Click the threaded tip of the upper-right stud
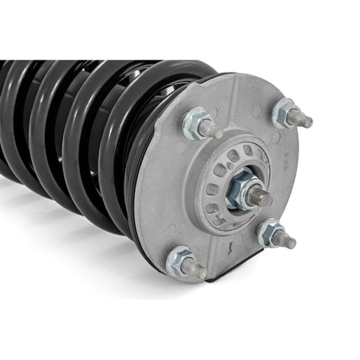tap(306, 121)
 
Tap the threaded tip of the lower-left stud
tap(200, 271)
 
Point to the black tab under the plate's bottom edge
tap(227, 276)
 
